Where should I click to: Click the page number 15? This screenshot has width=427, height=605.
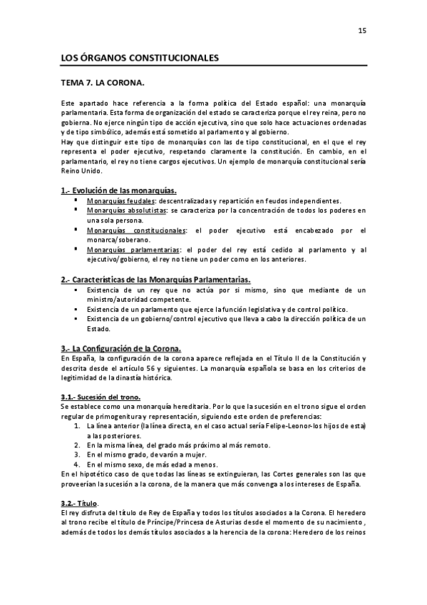click(361, 30)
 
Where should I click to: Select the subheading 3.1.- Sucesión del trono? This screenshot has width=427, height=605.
click(101, 396)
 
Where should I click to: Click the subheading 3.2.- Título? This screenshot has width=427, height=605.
click(79, 503)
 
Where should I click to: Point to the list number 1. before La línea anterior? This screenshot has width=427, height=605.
click(76, 425)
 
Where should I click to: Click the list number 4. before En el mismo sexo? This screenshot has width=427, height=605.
click(76, 464)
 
